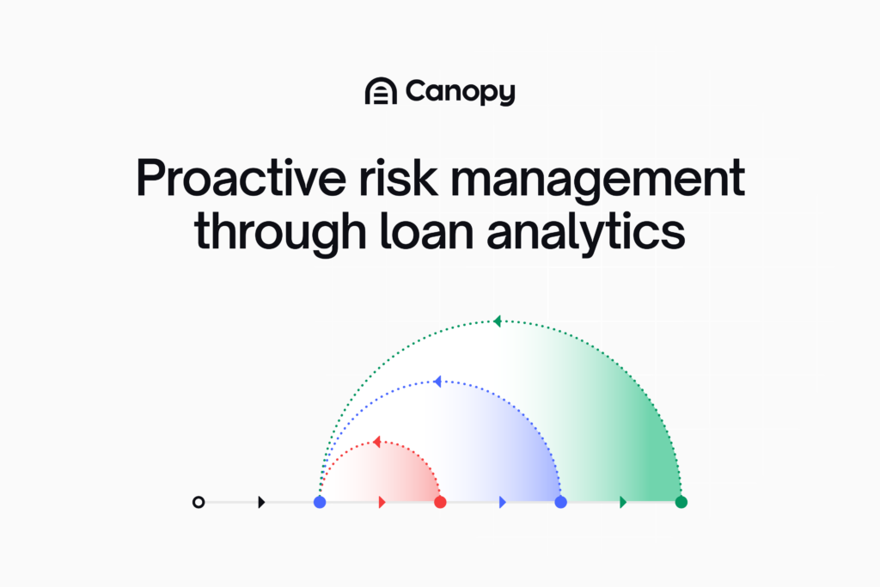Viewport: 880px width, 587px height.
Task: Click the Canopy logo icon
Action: [380, 91]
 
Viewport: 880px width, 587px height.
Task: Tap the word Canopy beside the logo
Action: [460, 92]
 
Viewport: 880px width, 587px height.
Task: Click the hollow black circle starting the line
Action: [199, 502]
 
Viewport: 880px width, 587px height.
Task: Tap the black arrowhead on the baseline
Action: [261, 502]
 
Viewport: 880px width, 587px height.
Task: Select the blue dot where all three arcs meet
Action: [320, 502]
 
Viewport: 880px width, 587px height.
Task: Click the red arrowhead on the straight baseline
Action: [382, 502]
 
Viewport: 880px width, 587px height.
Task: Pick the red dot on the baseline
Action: [440, 502]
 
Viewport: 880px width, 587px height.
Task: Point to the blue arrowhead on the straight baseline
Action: [503, 502]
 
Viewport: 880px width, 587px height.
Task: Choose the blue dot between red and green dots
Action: [561, 502]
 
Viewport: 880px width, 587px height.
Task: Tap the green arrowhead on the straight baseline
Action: [623, 502]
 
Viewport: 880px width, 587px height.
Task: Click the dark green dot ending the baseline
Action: [681, 502]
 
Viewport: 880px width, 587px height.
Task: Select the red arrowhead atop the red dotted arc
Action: [376, 442]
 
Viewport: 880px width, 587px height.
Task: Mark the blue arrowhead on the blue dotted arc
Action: [437, 382]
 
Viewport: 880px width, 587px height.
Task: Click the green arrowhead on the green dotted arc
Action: [497, 321]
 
